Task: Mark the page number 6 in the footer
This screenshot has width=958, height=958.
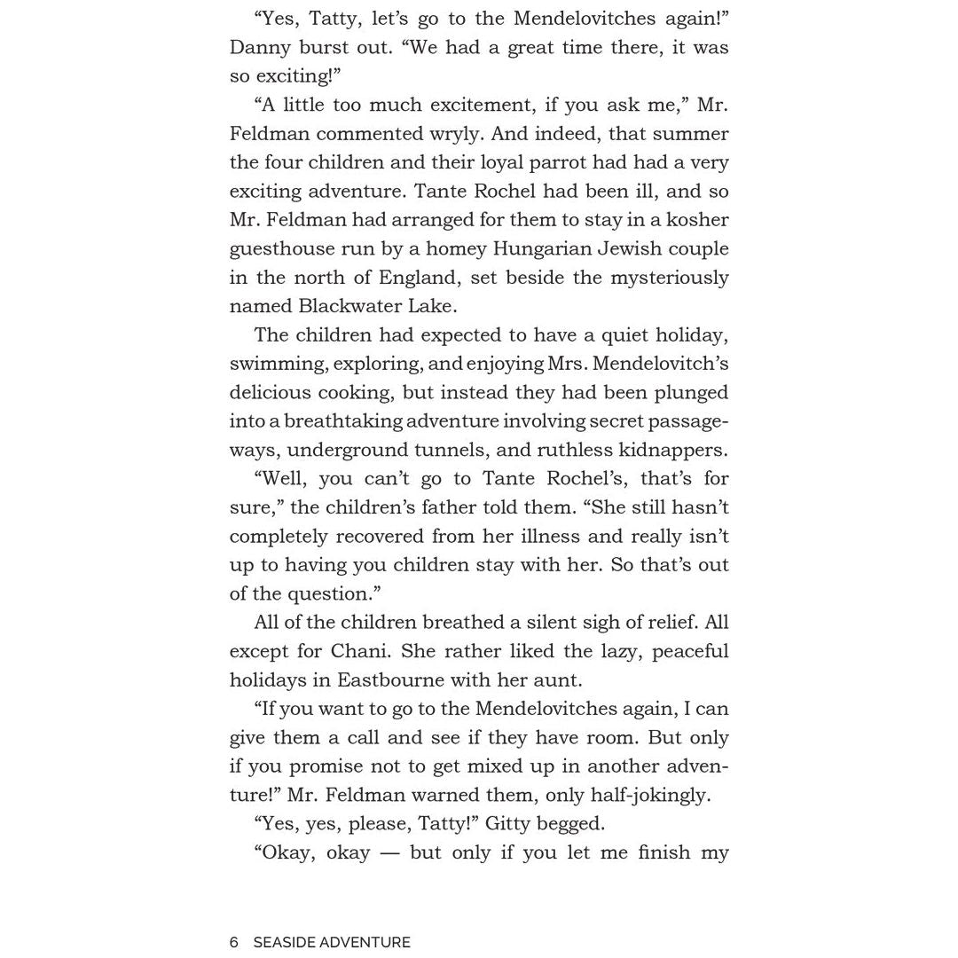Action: click(234, 942)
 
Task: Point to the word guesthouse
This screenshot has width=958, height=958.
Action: click(282, 248)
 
